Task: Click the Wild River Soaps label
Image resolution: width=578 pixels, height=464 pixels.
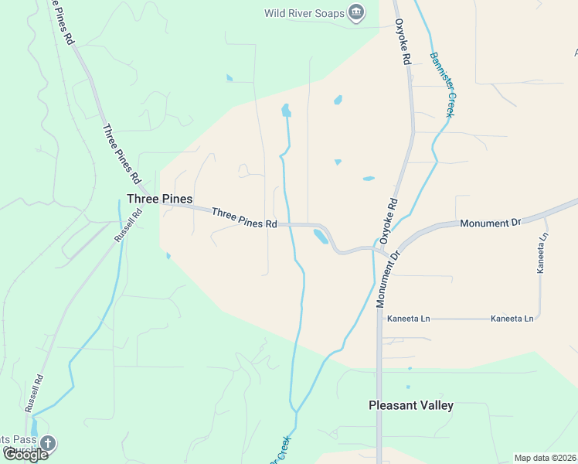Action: pos(303,12)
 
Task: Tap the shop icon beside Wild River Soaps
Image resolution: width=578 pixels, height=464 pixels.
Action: pos(356,12)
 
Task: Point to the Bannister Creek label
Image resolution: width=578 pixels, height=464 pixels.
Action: pos(441,84)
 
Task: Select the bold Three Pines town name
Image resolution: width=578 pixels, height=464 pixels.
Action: pos(159,199)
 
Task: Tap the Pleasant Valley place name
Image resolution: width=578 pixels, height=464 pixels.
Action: pos(410,405)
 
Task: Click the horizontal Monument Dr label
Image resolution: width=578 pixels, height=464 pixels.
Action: pos(491,223)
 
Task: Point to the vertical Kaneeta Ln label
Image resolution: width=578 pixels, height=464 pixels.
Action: pos(542,253)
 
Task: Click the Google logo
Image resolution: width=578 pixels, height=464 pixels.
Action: pos(25,454)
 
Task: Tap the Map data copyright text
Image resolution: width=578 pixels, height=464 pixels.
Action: pos(546,458)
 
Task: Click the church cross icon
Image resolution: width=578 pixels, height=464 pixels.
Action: pos(47,444)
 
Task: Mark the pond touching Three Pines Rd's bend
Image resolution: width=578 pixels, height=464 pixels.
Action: pos(319,237)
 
